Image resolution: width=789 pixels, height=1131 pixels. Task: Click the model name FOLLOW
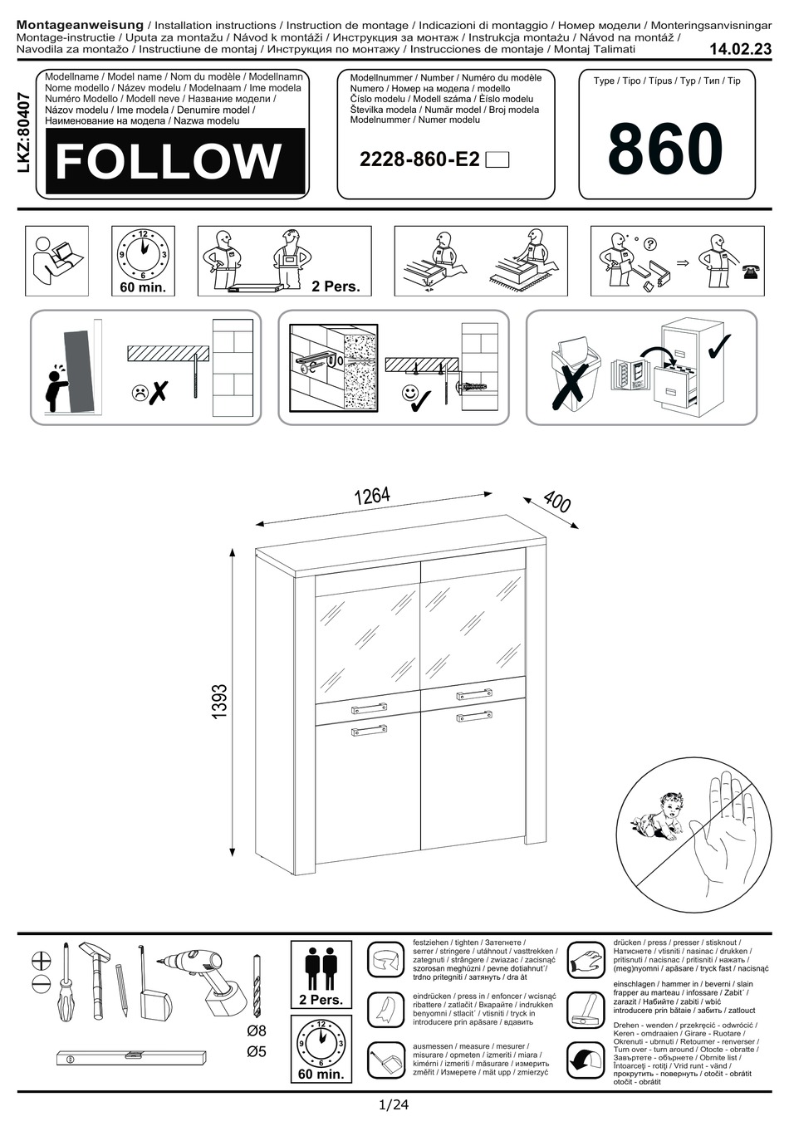pyautogui.click(x=169, y=161)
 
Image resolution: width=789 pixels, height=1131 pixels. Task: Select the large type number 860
pyautogui.click(x=665, y=149)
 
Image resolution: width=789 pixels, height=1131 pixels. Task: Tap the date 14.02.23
pyautogui.click(x=740, y=50)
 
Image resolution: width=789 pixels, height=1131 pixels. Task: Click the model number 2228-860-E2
pyautogui.click(x=419, y=159)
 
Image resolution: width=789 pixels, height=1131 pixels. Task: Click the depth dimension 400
pyautogui.click(x=556, y=502)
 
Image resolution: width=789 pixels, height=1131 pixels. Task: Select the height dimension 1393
pyautogui.click(x=219, y=702)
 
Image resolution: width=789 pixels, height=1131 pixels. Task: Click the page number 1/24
pyautogui.click(x=394, y=1105)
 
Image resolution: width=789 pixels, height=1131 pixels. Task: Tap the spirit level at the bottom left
pyautogui.click(x=133, y=1055)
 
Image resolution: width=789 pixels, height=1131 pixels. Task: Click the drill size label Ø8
pyautogui.click(x=257, y=1031)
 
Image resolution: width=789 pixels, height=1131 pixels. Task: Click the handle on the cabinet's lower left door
pyautogui.click(x=369, y=731)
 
